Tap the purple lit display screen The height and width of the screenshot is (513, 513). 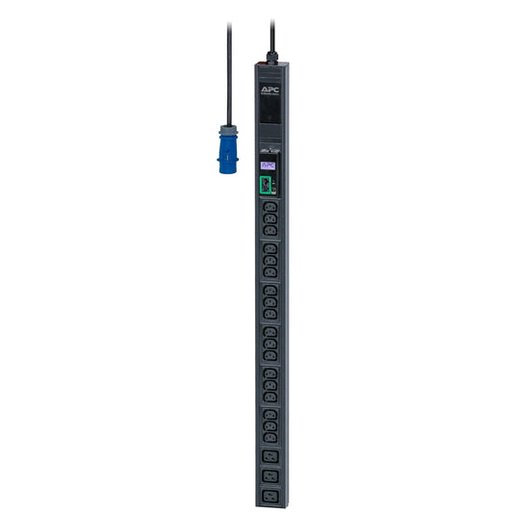(269, 165)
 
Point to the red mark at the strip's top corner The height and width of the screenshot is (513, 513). (258, 65)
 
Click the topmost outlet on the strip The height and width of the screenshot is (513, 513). (269, 207)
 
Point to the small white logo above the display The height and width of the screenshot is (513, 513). (269, 149)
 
